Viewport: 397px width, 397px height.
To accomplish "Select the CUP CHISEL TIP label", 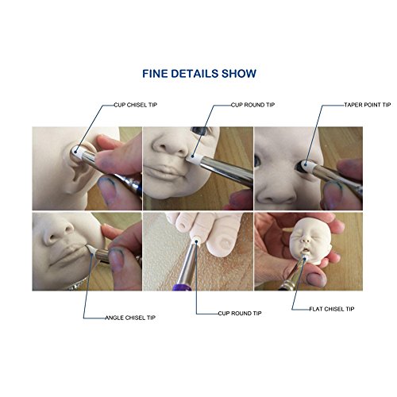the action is pyautogui.click(x=136, y=105).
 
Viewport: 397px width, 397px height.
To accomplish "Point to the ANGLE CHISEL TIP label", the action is pyautogui.click(x=130, y=318).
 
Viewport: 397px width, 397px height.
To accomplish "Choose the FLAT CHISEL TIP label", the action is pyautogui.click(x=332, y=309).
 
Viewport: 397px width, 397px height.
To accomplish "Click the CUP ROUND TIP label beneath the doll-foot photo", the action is pyautogui.click(x=240, y=314).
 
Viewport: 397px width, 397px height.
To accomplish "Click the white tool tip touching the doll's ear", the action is pyautogui.click(x=77, y=152).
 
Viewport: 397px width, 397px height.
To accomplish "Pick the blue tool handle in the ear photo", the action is pyautogui.click(x=133, y=184).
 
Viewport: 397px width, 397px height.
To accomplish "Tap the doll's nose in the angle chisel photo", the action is pyautogui.click(x=58, y=233).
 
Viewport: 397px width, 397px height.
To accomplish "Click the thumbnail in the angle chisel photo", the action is pyautogui.click(x=116, y=260).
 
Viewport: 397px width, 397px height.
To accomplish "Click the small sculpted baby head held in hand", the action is pyautogui.click(x=309, y=241).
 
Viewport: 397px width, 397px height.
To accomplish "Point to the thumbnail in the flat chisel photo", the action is pyautogui.click(x=316, y=279).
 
